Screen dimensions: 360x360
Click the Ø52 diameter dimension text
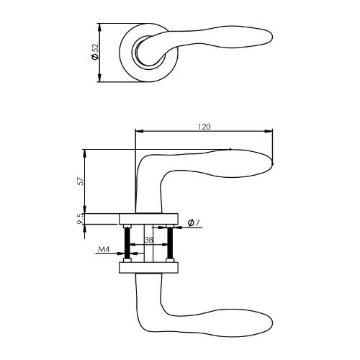click(x=94, y=52)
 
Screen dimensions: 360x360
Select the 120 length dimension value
click(x=204, y=127)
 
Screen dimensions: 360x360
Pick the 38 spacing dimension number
click(x=148, y=240)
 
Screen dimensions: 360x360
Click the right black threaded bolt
click(x=171, y=245)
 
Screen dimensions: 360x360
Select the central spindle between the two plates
click(x=149, y=245)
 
